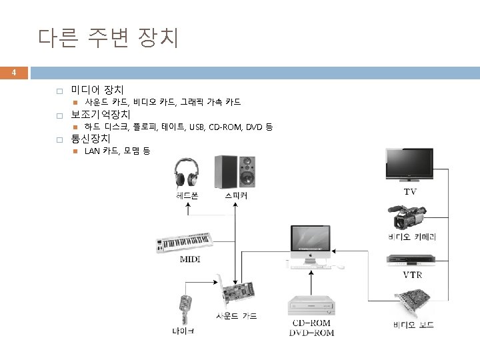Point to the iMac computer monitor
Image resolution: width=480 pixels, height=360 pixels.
click(x=311, y=243)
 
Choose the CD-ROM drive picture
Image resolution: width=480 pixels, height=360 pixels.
click(x=311, y=306)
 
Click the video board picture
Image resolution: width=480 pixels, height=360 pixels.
click(x=412, y=303)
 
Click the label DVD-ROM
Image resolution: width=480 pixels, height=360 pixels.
click(x=311, y=333)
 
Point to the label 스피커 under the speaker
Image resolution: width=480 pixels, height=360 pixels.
click(x=237, y=197)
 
